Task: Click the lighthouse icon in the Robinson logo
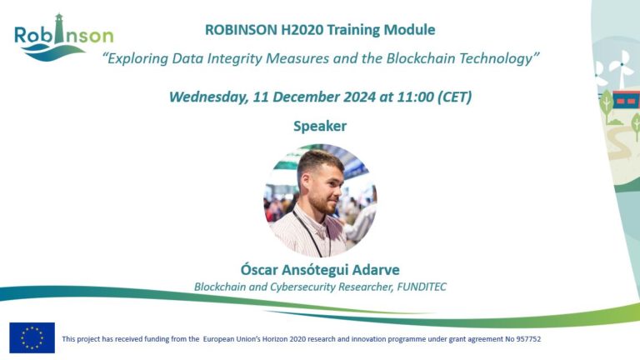pyautogui.click(x=60, y=28)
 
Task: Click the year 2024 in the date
pyautogui.click(x=359, y=97)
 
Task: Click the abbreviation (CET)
pyautogui.click(x=455, y=97)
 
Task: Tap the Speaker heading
pyautogui.click(x=320, y=126)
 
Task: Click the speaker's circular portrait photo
pyautogui.click(x=320, y=200)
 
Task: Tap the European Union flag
pyautogui.click(x=32, y=337)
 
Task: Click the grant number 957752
pyautogui.click(x=528, y=339)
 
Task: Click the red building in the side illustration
pyautogui.click(x=625, y=100)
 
